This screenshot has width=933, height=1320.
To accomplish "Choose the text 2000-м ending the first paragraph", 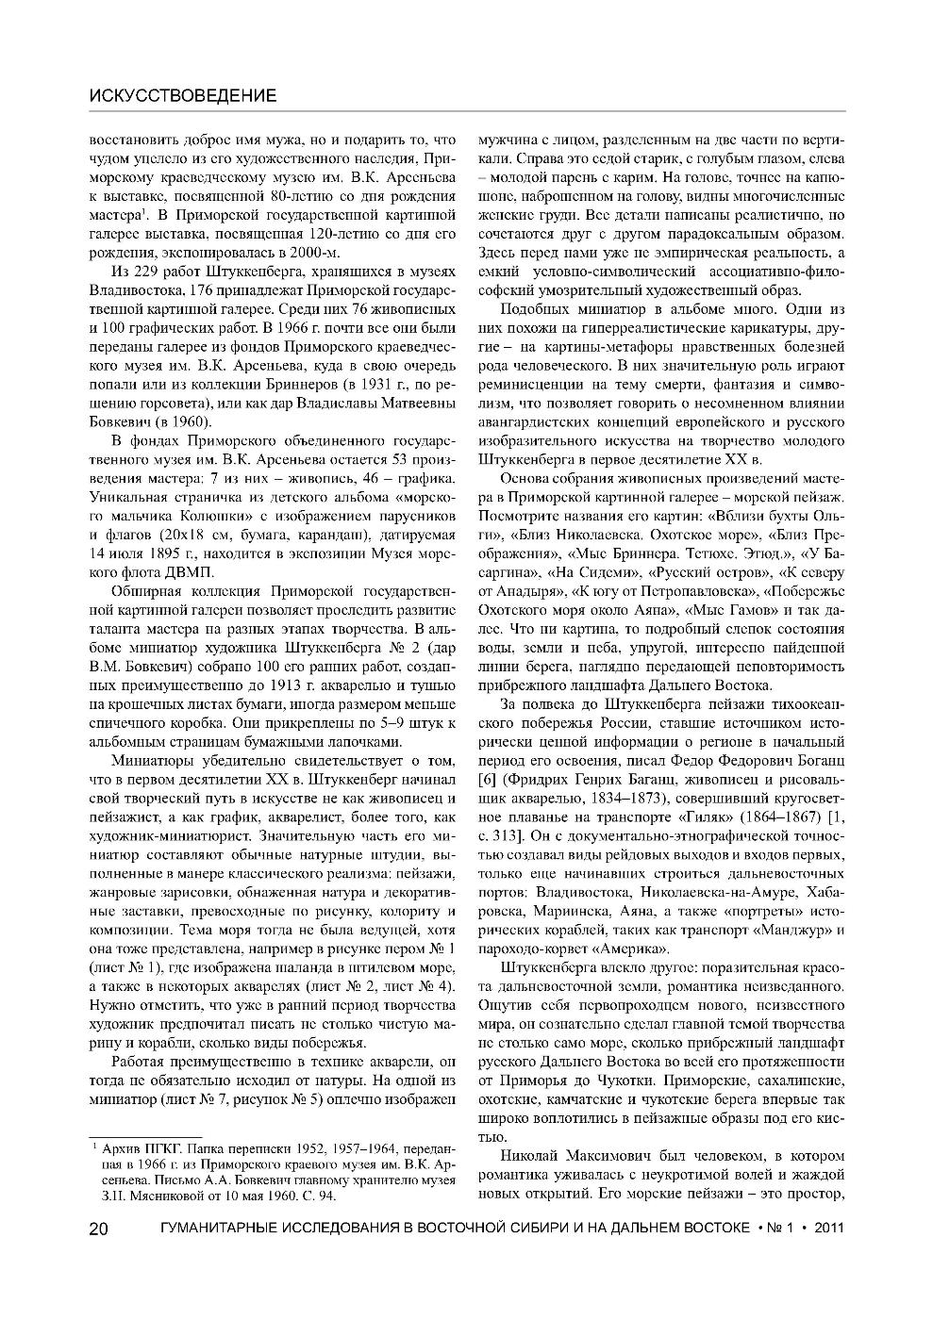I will click(x=318, y=254).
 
